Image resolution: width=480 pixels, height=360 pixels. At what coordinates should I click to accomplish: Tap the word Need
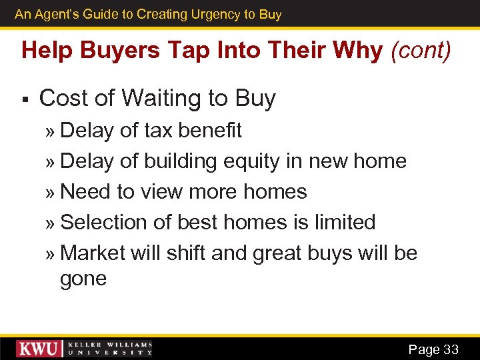pos(85,192)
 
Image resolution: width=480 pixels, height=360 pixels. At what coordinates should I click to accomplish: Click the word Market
pos(93,253)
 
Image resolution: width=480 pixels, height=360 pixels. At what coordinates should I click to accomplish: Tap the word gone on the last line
pos(83,279)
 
